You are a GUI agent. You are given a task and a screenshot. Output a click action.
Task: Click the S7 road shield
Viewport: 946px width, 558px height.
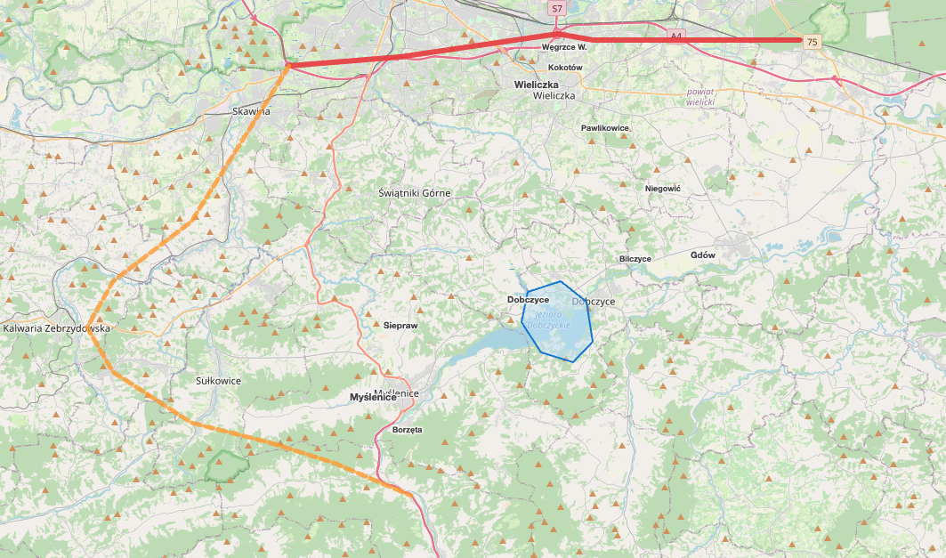pos(557,8)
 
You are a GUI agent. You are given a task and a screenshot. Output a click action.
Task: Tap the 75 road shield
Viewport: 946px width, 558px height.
pos(811,42)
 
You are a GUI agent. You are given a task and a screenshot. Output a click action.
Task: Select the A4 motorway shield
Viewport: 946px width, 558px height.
pos(676,36)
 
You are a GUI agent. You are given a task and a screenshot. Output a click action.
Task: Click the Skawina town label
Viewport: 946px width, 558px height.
pos(250,111)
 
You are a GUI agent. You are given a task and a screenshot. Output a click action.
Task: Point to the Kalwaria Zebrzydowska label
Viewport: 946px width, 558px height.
pos(56,328)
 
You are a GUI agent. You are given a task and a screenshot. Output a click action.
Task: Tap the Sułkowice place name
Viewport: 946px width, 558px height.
pos(218,381)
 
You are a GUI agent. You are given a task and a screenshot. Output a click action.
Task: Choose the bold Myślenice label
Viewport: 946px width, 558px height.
pos(373,398)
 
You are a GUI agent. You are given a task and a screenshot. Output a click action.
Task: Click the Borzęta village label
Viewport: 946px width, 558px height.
pos(407,429)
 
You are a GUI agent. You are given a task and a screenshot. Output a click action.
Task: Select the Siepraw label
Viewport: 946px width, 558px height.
pos(400,326)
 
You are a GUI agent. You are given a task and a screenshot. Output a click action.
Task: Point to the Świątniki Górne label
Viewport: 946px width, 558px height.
pos(414,193)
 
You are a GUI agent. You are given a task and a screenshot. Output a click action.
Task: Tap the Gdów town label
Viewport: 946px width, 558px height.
pos(703,255)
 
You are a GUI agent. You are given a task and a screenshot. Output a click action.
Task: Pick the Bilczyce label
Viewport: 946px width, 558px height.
pos(635,259)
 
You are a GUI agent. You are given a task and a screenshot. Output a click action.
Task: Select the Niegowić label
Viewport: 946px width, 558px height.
pos(662,189)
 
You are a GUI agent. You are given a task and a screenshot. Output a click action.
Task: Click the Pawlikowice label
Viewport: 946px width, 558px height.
pos(605,128)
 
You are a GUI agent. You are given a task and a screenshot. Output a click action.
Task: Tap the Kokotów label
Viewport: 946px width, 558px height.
pos(565,68)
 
